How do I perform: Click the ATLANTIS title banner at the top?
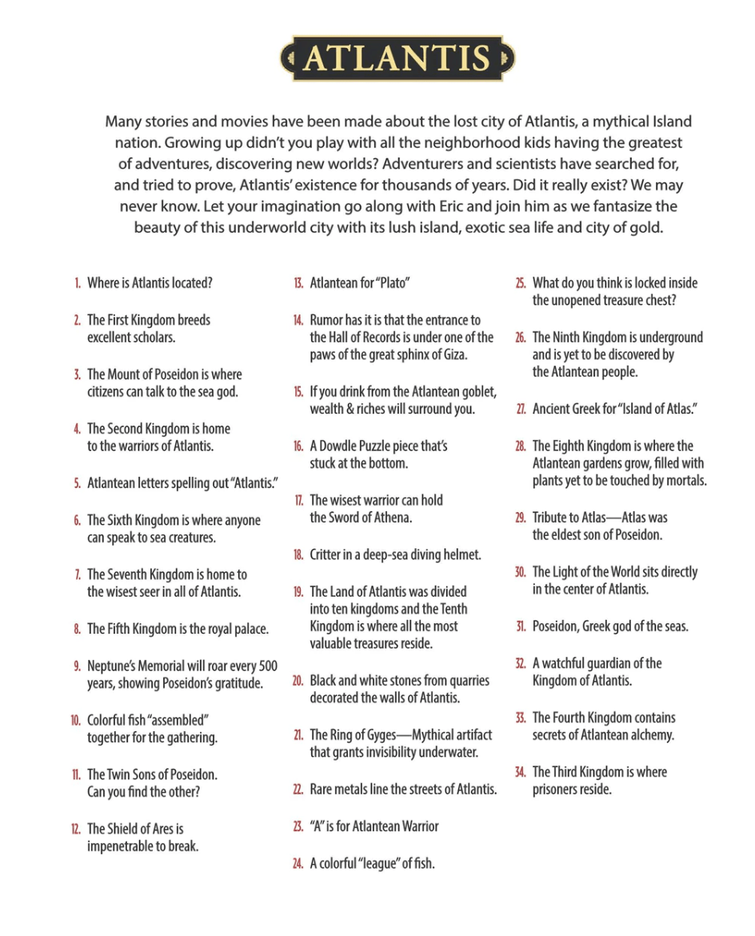pyautogui.click(x=397, y=58)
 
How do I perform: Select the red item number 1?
pyautogui.click(x=78, y=283)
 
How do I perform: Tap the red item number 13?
pyautogui.click(x=298, y=283)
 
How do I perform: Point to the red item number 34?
pyautogui.click(x=520, y=772)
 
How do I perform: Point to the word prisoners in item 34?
pyautogui.click(x=558, y=790)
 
